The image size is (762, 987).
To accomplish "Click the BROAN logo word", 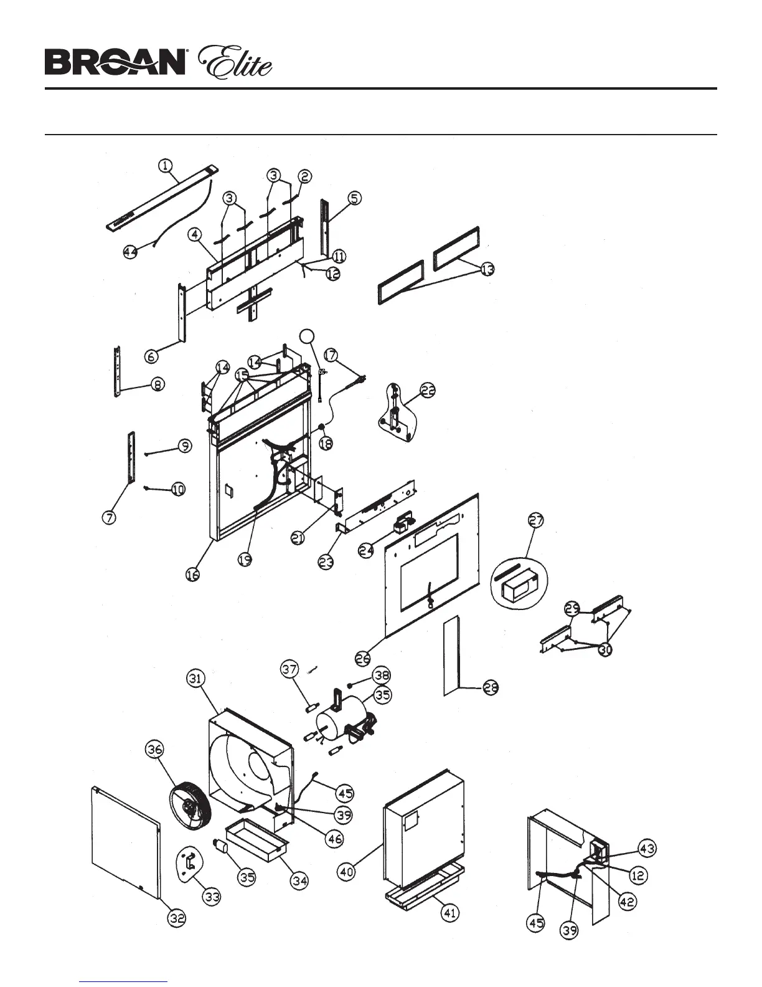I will click(115, 63).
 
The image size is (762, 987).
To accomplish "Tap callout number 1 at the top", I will click(164, 166).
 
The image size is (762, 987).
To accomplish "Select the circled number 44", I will click(129, 252).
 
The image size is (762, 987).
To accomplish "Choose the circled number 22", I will click(427, 391).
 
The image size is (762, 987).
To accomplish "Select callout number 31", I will click(196, 679).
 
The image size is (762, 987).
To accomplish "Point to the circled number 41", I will click(449, 913).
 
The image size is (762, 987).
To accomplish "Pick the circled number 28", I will click(491, 688).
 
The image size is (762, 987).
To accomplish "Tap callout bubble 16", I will click(193, 576).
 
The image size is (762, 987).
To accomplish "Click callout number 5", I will click(354, 199).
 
